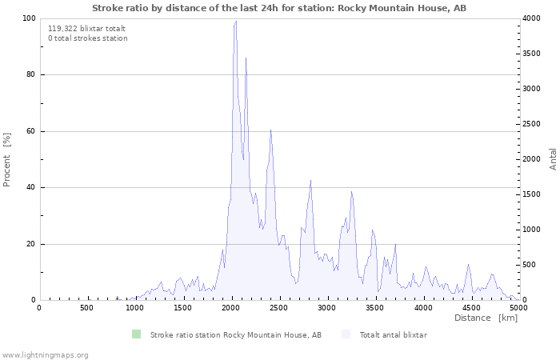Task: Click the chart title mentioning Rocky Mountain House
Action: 279,8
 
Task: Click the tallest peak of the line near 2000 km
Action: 236,21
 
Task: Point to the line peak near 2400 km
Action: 270,130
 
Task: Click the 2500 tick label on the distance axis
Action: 278,308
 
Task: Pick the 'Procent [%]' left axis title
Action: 6,160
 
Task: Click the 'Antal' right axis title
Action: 554,159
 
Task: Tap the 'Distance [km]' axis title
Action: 486,318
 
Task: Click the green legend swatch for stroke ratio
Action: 137,334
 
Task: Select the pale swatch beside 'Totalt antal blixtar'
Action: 346,334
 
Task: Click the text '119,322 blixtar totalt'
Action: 86,29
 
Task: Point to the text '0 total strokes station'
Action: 88,38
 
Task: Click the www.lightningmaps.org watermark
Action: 44,355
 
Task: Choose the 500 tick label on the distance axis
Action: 86,308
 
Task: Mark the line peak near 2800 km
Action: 310,180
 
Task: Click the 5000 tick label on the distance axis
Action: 518,308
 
